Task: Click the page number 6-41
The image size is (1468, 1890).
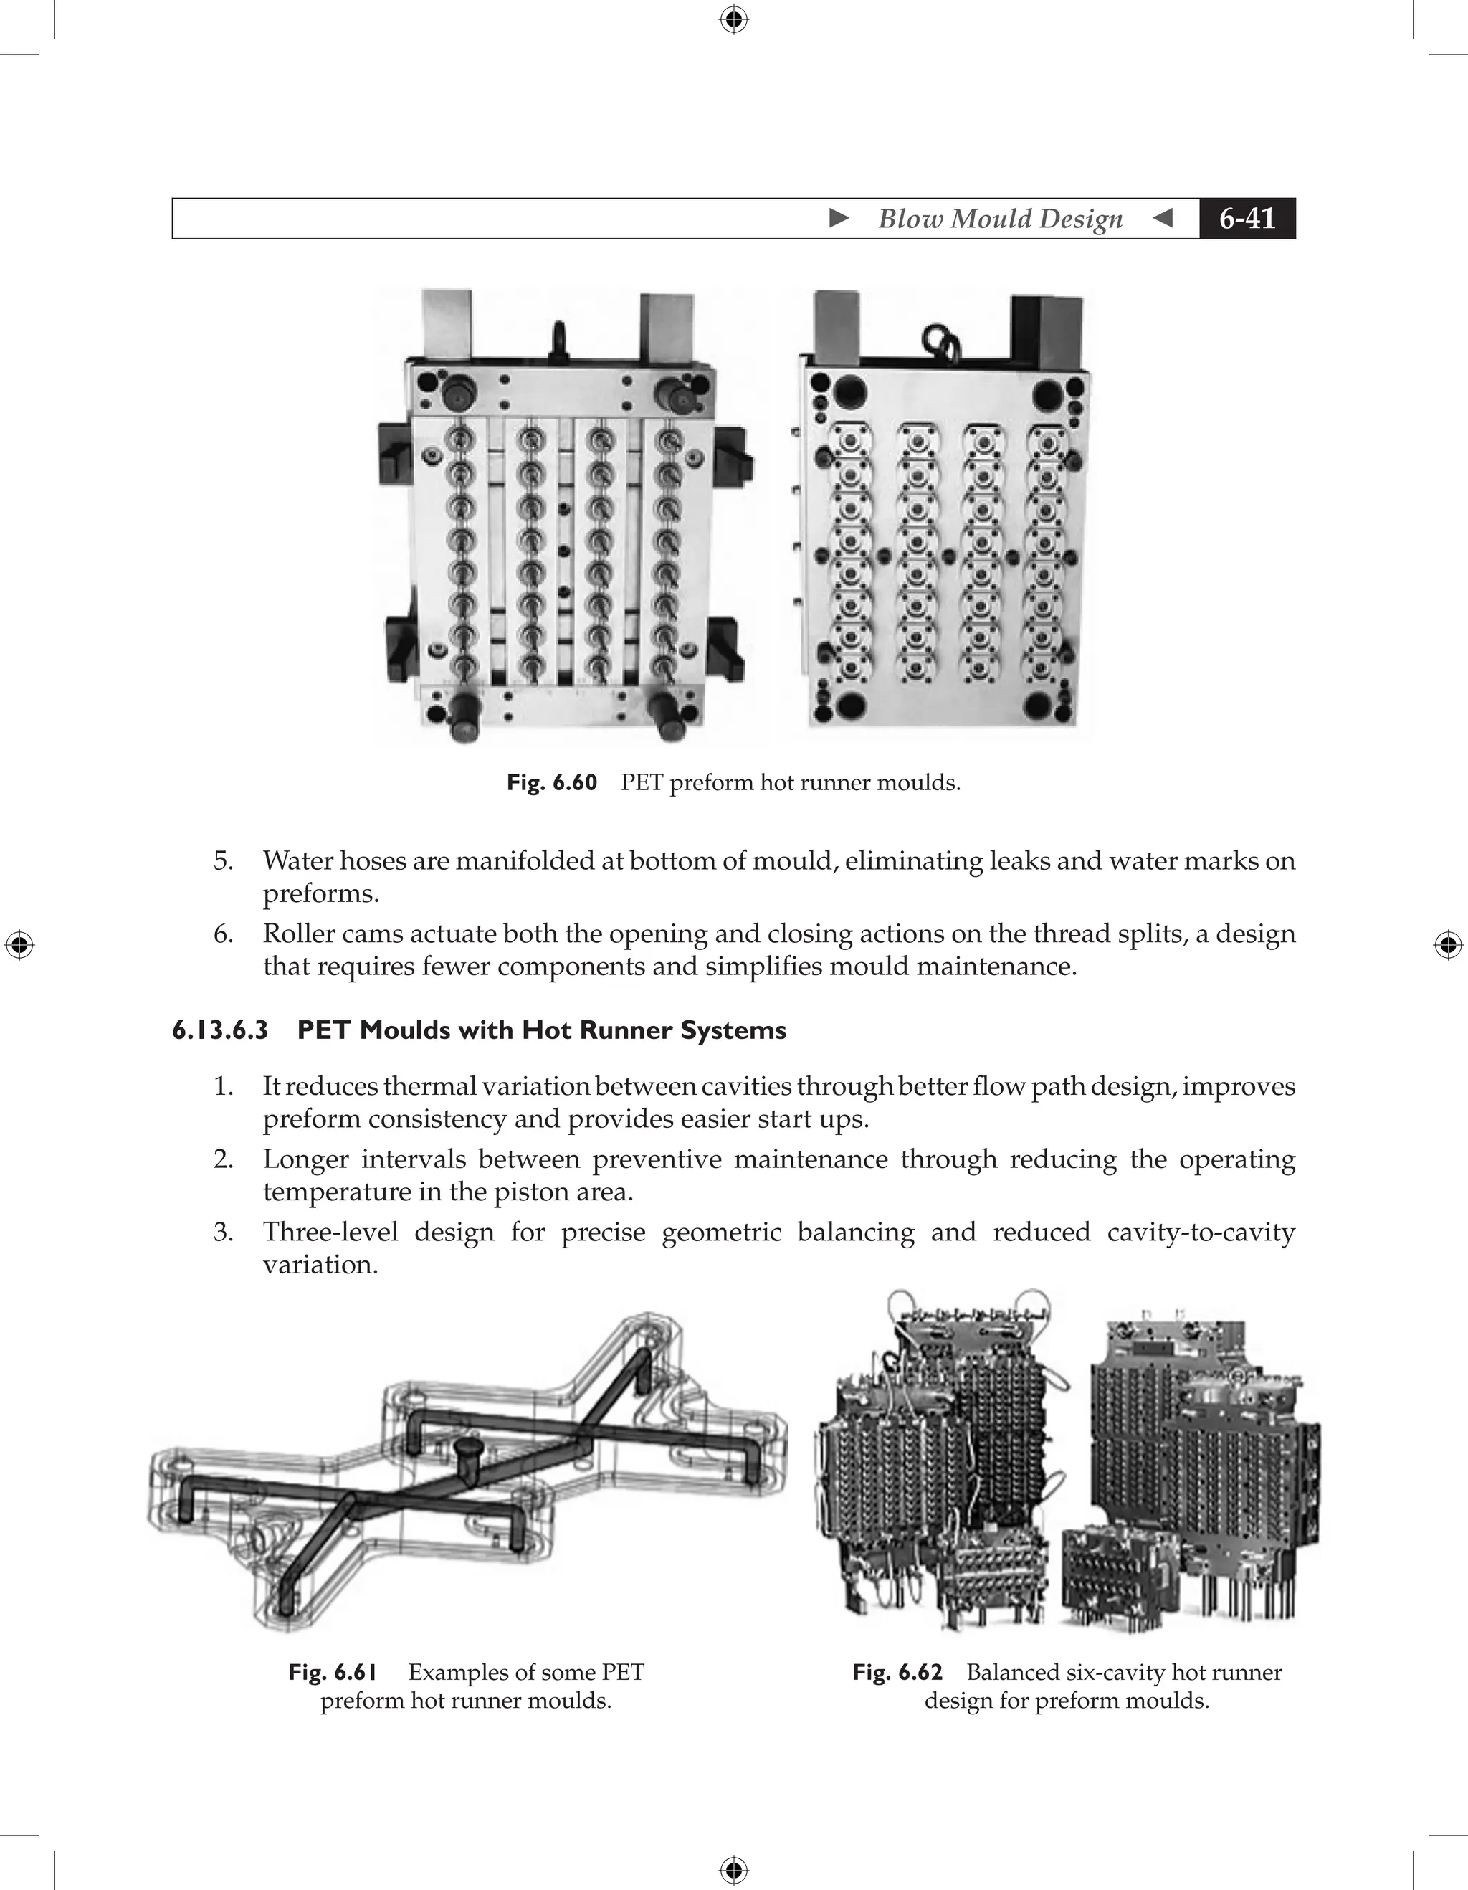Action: pyautogui.click(x=1247, y=218)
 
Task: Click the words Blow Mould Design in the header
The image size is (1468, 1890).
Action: pyautogui.click(x=1000, y=218)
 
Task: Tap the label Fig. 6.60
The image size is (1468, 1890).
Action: pyautogui.click(x=552, y=782)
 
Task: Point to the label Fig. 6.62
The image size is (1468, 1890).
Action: pyautogui.click(x=897, y=1672)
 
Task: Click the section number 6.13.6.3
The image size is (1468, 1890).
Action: pyautogui.click(x=220, y=1030)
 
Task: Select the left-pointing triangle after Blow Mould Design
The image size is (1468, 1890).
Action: pyautogui.click(x=1163, y=218)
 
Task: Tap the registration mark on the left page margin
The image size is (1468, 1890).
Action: pyautogui.click(x=19, y=945)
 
